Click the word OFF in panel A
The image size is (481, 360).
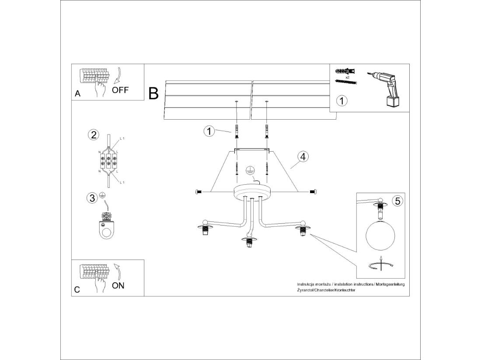tap(120, 90)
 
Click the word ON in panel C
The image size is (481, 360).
tap(118, 286)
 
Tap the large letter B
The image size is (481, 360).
tap(153, 93)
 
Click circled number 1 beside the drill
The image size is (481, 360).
tap(342, 101)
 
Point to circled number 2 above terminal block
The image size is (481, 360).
tap(93, 135)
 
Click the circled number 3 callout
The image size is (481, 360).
tap(92, 198)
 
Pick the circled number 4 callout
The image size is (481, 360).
tap(303, 156)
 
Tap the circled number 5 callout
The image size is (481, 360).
tap(397, 201)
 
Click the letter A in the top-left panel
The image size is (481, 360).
tap(77, 93)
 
